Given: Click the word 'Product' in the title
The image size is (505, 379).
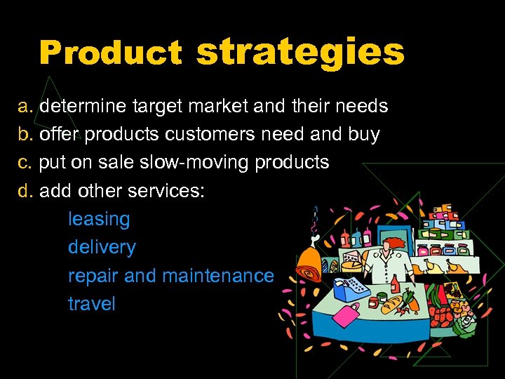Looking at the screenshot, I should click(110, 53).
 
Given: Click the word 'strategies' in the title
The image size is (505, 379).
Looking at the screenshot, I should click(300, 51).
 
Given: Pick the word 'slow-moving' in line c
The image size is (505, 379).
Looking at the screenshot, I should click(195, 163).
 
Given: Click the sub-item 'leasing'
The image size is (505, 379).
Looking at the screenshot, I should click(99, 219).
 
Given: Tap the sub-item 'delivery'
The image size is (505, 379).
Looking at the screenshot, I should click(102, 247).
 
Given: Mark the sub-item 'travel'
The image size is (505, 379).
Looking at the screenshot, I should click(91, 304).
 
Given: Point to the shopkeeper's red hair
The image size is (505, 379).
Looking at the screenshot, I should click(397, 242).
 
